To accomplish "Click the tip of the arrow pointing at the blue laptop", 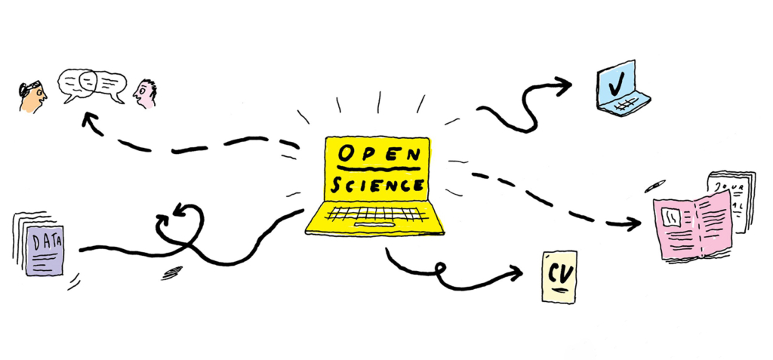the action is [571, 85].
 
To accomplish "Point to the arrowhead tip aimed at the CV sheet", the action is [522, 272].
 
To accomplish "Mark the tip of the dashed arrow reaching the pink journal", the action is [640, 224].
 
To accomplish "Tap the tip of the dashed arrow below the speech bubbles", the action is [84, 114].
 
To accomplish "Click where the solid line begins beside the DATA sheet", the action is [80, 250].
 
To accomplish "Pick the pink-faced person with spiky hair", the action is [145, 93].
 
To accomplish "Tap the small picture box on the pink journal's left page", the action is [670, 215].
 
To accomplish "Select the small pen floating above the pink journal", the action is [654, 186].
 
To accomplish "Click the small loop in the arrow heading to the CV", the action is [439, 268].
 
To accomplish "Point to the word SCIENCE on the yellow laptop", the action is [377, 185].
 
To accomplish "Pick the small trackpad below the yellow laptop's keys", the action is [374, 225].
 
